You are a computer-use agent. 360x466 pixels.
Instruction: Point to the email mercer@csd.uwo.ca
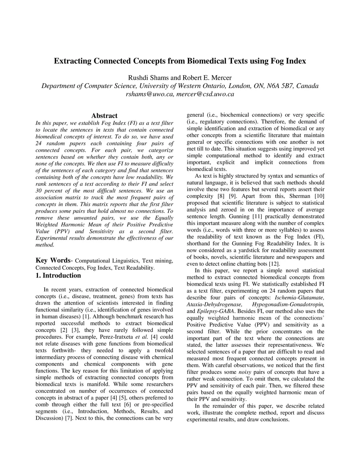pos(205,94)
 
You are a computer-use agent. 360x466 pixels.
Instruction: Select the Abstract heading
pos(104,116)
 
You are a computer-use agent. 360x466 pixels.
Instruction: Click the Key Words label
pos(53,260)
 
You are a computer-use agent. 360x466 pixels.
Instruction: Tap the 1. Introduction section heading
pos(58,275)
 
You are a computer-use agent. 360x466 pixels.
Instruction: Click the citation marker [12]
pos(274,264)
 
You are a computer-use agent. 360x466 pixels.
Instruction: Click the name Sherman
pos(301,196)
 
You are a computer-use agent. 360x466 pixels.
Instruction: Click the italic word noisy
pos(245,372)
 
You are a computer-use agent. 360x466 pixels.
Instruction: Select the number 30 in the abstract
pos(39,191)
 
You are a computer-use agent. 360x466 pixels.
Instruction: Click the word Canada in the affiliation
pos(308,86)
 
